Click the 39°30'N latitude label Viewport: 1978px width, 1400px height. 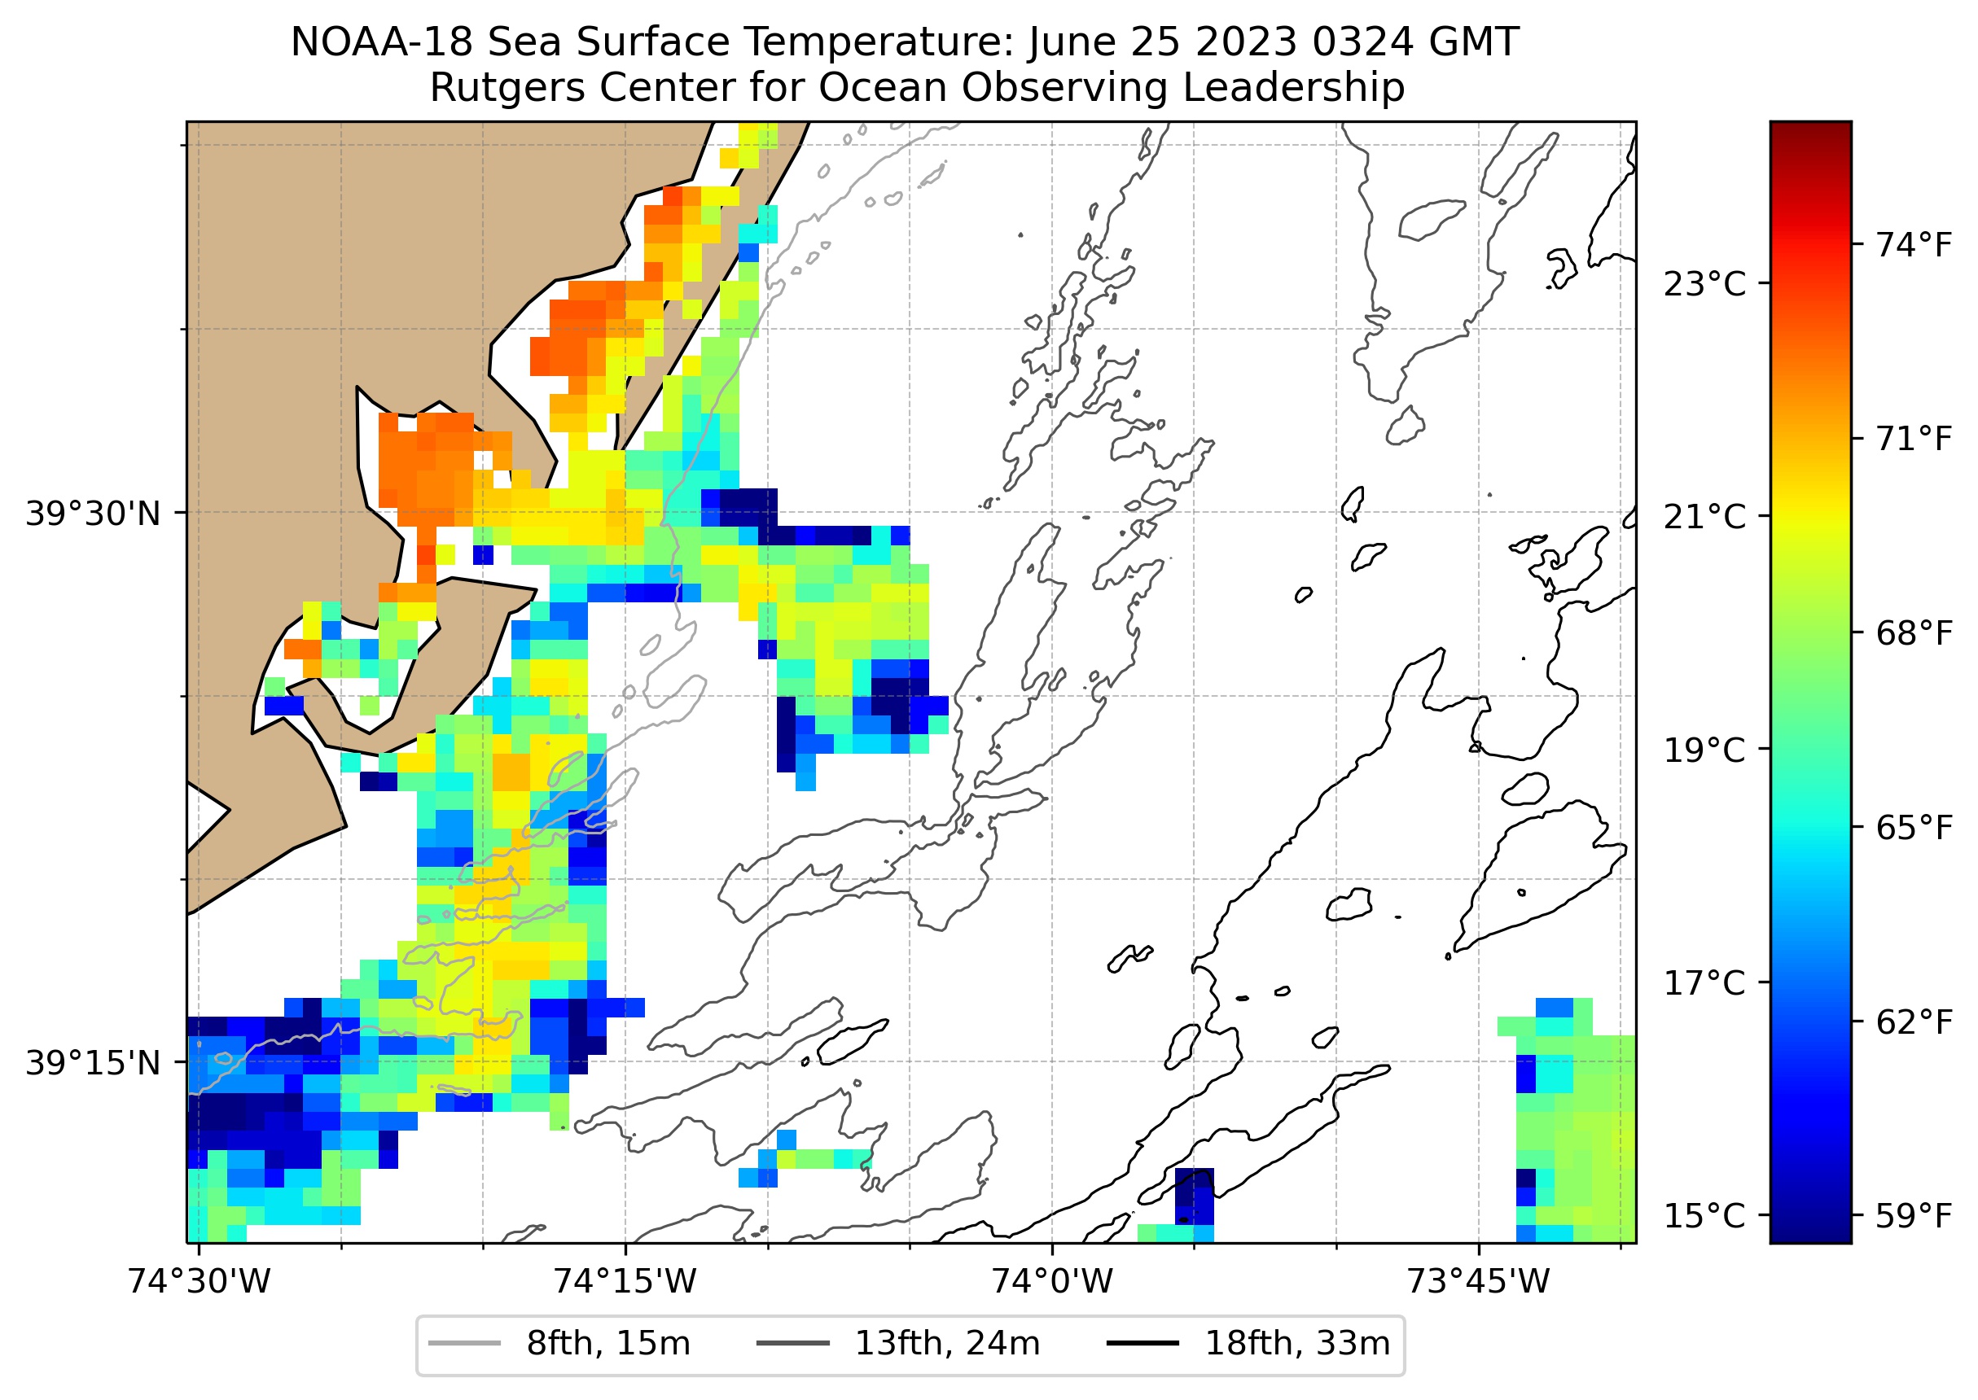click(x=93, y=514)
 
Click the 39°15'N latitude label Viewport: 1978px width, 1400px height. click(x=93, y=1064)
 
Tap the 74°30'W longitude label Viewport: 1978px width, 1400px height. click(x=200, y=1282)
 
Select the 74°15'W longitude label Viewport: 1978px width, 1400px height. click(x=625, y=1282)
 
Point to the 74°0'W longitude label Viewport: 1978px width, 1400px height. click(x=1052, y=1282)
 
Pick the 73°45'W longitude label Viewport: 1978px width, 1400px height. click(x=1479, y=1282)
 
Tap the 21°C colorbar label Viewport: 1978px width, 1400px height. click(x=1704, y=517)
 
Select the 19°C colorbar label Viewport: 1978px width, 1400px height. click(x=1704, y=750)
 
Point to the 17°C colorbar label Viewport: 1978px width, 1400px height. click(x=1704, y=982)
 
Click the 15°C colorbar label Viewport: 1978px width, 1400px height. click(x=1704, y=1216)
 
